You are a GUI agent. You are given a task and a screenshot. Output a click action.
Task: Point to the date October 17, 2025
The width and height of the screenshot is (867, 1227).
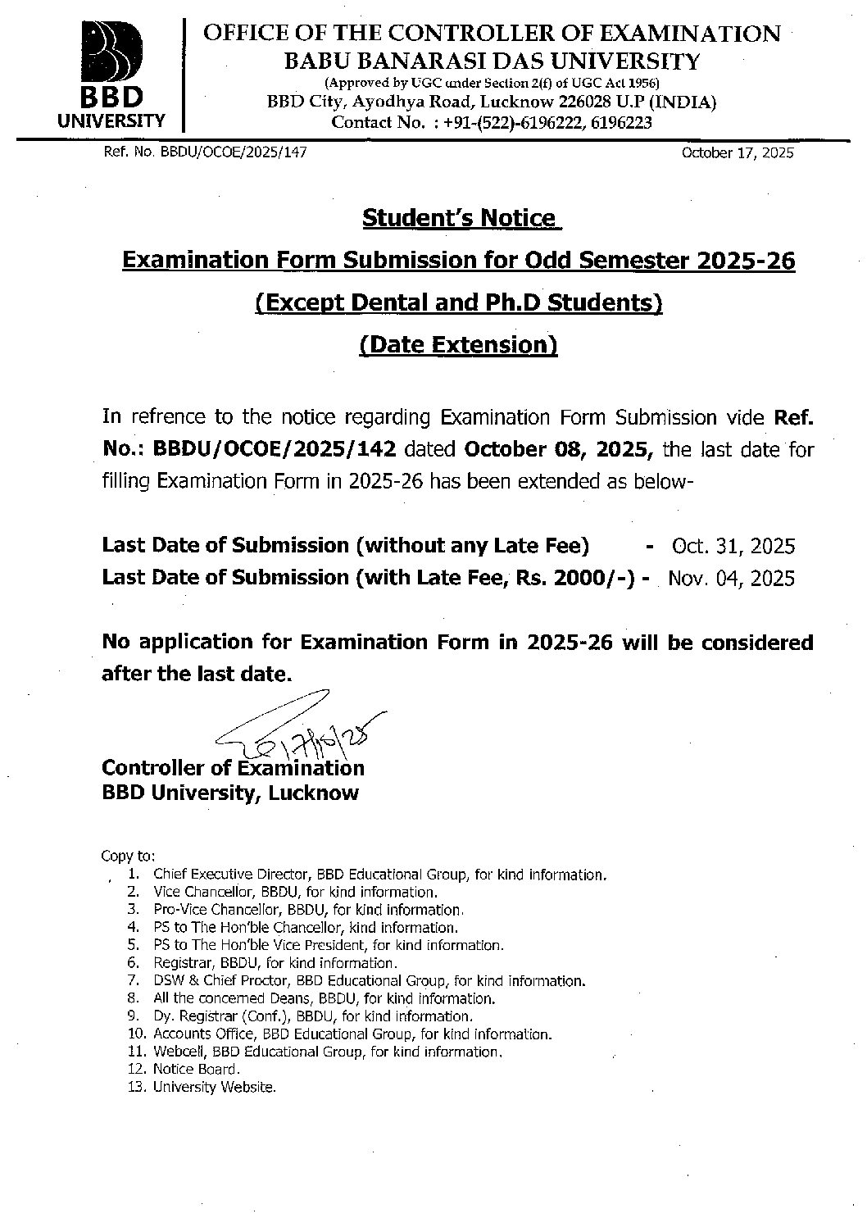(x=737, y=153)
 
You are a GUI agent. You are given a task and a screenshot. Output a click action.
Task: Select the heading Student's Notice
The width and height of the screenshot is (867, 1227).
(x=459, y=218)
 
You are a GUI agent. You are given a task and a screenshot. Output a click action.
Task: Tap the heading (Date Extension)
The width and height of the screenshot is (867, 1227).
(x=459, y=344)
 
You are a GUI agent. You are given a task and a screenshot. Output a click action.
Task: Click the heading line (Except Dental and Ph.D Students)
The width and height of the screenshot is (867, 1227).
(x=459, y=302)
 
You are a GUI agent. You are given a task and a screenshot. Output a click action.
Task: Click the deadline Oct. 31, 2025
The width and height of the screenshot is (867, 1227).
(x=733, y=546)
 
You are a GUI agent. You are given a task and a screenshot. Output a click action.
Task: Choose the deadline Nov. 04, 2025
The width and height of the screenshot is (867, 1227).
(x=731, y=578)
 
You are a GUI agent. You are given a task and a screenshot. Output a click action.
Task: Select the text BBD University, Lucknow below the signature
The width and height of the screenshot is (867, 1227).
(x=229, y=793)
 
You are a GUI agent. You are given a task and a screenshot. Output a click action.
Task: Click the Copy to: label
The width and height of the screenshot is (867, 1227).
(x=122, y=856)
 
